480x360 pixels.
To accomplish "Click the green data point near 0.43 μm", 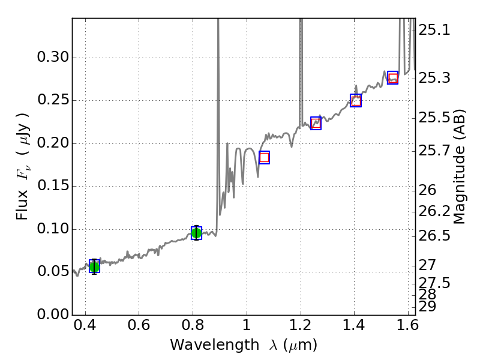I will tap(94, 266).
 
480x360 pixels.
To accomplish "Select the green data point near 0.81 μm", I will tap(196, 233).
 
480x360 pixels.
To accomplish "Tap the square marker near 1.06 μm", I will tap(264, 157).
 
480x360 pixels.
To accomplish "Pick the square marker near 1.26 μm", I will tap(316, 123).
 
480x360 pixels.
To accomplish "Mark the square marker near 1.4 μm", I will tap(356, 101).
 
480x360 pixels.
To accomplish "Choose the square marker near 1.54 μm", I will tap(393, 77).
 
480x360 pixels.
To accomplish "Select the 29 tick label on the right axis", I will tap(427, 307).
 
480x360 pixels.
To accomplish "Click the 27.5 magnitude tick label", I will tap(434, 283).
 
